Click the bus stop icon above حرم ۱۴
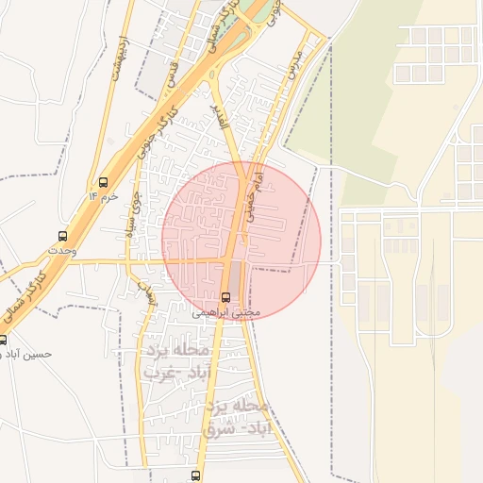(x=103, y=182)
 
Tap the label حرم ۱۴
(x=104, y=196)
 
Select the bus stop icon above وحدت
(x=62, y=236)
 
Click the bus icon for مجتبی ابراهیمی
(x=225, y=297)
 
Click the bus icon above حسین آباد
(x=2, y=340)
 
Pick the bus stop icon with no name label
(x=195, y=475)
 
